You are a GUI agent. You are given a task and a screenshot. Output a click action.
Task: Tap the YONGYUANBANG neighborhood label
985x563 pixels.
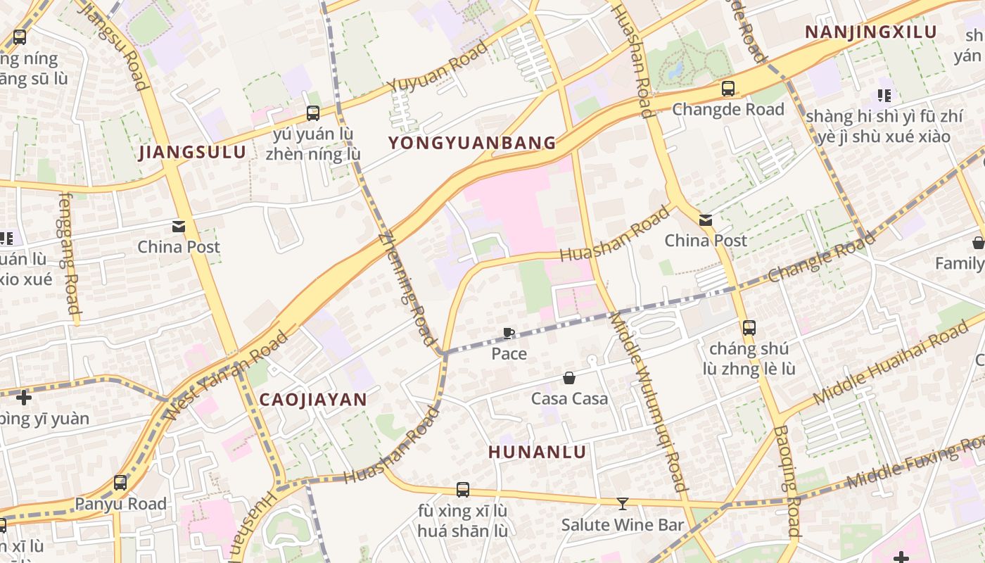[472, 144]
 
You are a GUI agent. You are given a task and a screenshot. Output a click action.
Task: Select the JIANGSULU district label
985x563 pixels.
[192, 152]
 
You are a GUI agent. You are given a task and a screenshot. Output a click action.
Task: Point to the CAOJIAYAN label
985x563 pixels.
[313, 400]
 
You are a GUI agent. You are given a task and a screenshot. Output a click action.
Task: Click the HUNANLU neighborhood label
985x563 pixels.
[538, 453]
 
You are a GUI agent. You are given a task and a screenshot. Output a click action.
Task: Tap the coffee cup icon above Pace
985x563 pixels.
[509, 333]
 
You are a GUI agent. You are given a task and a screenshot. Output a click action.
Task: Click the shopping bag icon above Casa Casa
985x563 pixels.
[569, 379]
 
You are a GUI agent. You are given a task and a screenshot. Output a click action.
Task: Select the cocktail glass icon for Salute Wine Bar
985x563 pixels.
[622, 504]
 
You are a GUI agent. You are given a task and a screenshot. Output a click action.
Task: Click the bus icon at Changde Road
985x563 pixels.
[728, 89]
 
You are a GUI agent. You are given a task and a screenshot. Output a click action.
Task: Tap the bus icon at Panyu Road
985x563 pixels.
[120, 483]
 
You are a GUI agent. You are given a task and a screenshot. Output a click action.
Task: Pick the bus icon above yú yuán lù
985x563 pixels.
[313, 113]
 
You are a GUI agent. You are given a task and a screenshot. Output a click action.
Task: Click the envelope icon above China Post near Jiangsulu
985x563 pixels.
[178, 227]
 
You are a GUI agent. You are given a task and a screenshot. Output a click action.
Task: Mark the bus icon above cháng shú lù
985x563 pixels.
[749, 327]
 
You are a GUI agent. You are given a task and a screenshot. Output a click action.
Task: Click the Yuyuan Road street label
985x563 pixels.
[437, 67]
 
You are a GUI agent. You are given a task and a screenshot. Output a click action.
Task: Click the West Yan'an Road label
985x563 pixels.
[227, 377]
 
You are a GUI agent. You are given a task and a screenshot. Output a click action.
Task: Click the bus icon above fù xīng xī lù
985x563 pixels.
[462, 489]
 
